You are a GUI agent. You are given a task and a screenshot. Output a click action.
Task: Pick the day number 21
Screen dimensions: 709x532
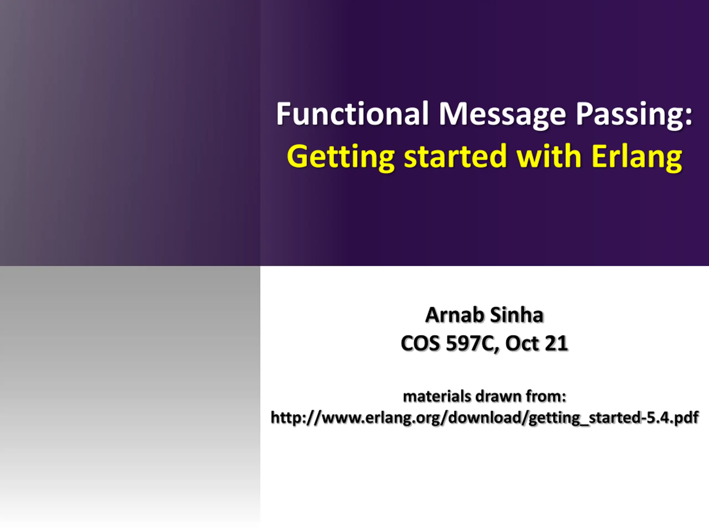point(556,343)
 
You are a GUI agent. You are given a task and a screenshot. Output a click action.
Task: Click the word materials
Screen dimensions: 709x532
point(437,396)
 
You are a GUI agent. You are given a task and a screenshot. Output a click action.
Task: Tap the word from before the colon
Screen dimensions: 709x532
point(542,396)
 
